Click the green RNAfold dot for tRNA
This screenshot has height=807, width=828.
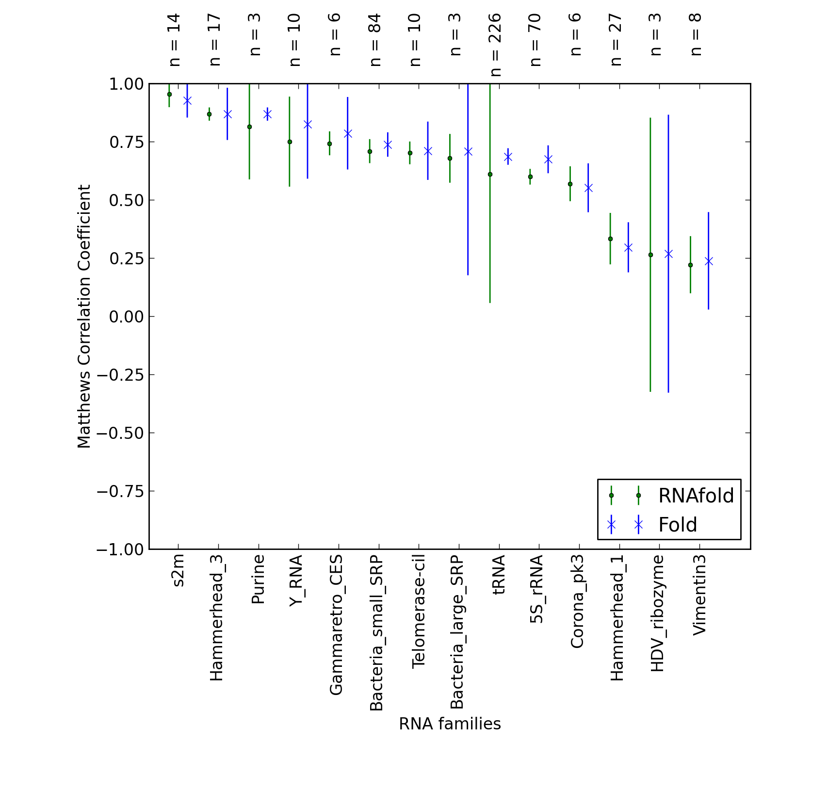click(490, 174)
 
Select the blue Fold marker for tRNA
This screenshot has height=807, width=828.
click(508, 157)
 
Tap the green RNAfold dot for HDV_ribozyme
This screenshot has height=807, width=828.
click(650, 255)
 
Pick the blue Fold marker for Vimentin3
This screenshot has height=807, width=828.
click(708, 261)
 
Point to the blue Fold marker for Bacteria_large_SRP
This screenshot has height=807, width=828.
click(468, 152)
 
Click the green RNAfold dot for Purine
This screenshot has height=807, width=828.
click(249, 127)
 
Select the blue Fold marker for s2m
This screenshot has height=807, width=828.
click(187, 101)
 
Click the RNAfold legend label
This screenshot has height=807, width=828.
click(696, 496)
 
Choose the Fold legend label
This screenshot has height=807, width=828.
click(678, 525)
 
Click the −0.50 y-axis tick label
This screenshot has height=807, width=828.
click(120, 433)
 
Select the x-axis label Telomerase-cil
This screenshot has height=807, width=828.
click(418, 612)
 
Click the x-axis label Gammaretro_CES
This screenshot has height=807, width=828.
click(336, 625)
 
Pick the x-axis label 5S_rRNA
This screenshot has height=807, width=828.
click(537, 589)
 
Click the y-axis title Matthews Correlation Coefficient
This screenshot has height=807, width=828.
click(84, 316)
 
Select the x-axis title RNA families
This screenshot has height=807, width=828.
click(450, 724)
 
